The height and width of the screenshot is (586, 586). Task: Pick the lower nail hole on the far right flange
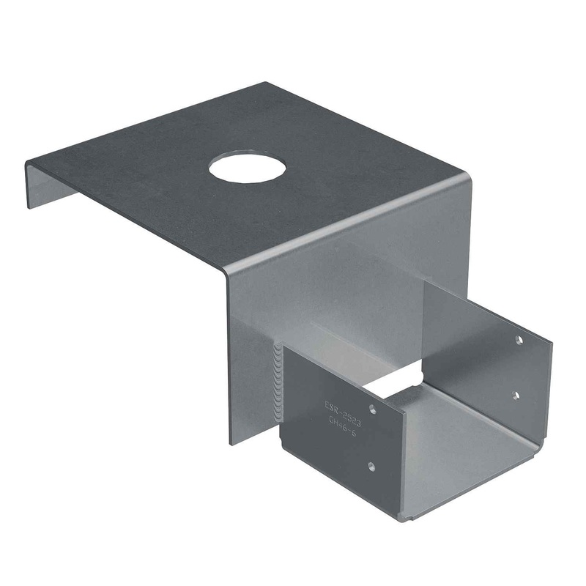click(515, 395)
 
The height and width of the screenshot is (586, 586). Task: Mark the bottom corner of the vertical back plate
click(234, 443)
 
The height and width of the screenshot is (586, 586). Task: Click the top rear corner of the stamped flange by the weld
click(284, 346)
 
